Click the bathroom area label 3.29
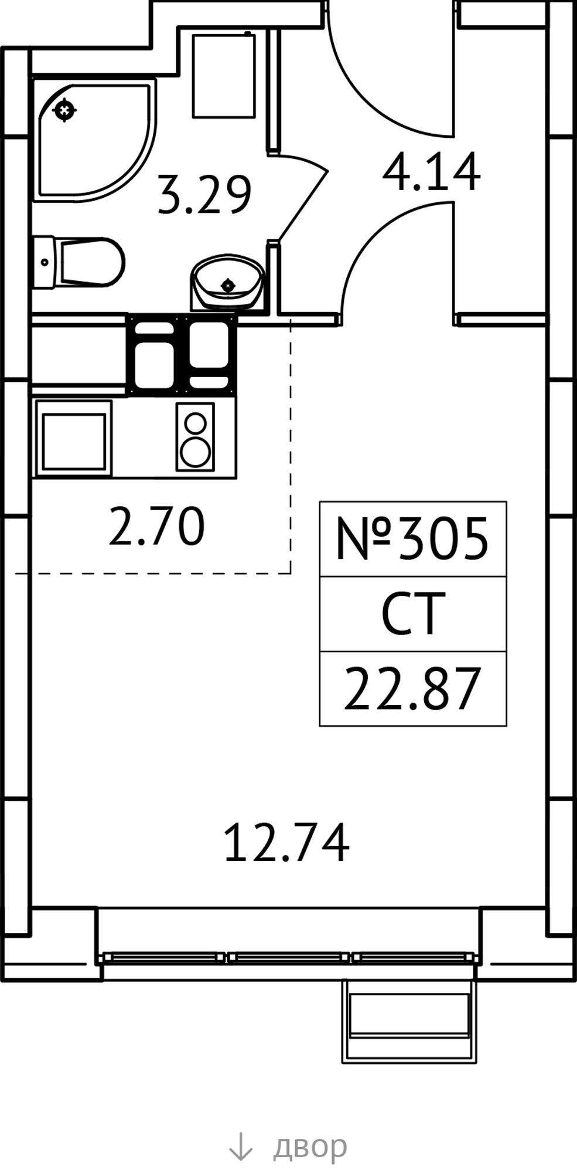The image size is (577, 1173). click(x=204, y=194)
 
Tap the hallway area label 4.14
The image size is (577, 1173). click(x=431, y=172)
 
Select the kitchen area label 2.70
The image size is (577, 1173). click(x=157, y=527)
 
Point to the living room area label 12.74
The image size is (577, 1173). click(x=286, y=842)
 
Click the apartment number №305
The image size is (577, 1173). click(x=412, y=538)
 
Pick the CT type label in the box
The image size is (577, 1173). click(x=410, y=613)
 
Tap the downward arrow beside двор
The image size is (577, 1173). click(x=240, y=1146)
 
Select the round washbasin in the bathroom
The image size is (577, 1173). click(x=227, y=282)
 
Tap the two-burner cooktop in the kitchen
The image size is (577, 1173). click(x=195, y=436)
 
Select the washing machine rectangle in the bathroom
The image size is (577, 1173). click(x=224, y=75)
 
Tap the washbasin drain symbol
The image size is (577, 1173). click(x=227, y=286)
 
